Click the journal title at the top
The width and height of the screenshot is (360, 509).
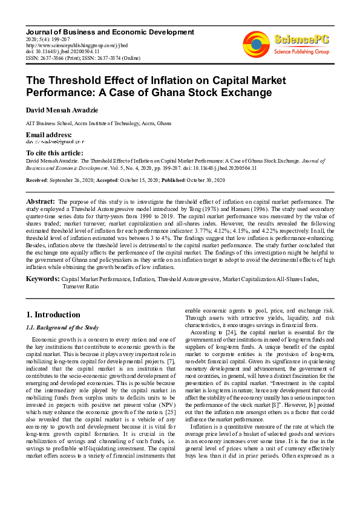(x=110, y=32)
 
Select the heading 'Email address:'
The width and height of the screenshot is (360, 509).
(x=48, y=134)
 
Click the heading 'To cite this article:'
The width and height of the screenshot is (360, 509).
(x=54, y=153)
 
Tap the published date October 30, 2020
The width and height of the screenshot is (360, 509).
(x=203, y=180)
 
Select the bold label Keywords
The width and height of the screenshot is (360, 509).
(x=42, y=279)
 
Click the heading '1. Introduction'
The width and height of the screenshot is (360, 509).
(x=53, y=314)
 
